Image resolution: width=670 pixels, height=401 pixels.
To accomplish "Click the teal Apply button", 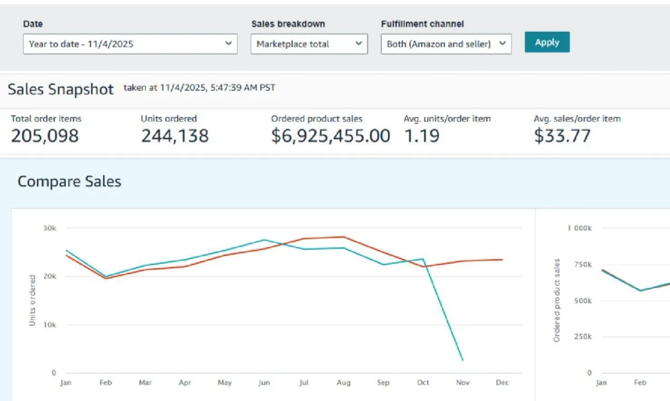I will pyautogui.click(x=547, y=42).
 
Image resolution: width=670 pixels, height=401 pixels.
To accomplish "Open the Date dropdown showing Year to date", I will pyautogui.click(x=130, y=44).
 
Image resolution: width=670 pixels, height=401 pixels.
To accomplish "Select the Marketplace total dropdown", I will pyautogui.click(x=309, y=44).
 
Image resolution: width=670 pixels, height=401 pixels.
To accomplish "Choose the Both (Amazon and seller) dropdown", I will pyautogui.click(x=446, y=44).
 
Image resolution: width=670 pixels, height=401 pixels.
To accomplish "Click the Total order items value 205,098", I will pyautogui.click(x=45, y=136).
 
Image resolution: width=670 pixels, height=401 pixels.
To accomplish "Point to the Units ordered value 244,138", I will pyautogui.click(x=175, y=136).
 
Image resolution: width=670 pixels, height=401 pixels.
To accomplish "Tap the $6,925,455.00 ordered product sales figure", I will pyautogui.click(x=331, y=136).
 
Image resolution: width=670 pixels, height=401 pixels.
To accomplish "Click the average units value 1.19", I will pyautogui.click(x=422, y=136).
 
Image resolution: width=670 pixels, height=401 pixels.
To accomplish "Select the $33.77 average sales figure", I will pyautogui.click(x=562, y=136).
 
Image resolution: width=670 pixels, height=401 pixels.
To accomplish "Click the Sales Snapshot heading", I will pyautogui.click(x=61, y=89).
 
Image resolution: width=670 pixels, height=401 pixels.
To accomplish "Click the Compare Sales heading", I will pyautogui.click(x=69, y=181).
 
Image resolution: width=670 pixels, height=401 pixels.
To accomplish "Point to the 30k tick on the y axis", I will pyautogui.click(x=50, y=228).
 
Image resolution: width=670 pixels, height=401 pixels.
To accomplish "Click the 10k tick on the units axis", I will pyautogui.click(x=50, y=325).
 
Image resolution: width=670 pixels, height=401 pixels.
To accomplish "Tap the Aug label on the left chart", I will pyautogui.click(x=343, y=383).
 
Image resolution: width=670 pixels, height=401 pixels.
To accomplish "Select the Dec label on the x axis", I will pyautogui.click(x=502, y=383).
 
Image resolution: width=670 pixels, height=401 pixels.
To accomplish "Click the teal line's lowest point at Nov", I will pyautogui.click(x=462, y=360).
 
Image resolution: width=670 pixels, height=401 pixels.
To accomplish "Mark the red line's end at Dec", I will pyautogui.click(x=502, y=259).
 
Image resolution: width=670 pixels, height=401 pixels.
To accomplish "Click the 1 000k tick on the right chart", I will pyautogui.click(x=580, y=228).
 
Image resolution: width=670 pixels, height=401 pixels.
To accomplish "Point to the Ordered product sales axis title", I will pyautogui.click(x=557, y=300).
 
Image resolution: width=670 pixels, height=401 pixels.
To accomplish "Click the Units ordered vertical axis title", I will pyautogui.click(x=32, y=300).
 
